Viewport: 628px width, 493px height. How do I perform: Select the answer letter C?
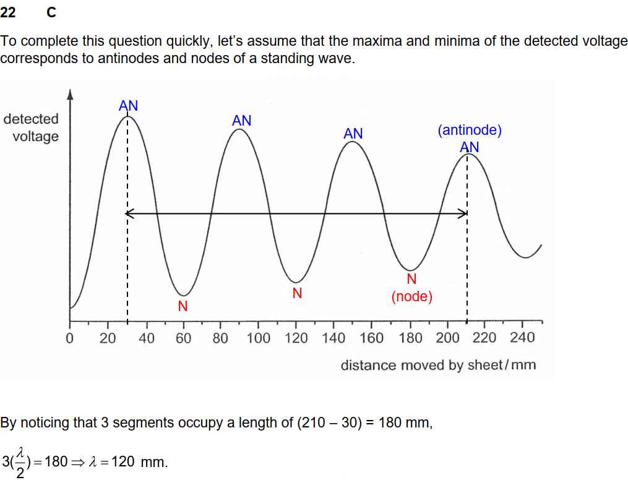coord(51,12)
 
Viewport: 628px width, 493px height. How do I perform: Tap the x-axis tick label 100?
coord(259,338)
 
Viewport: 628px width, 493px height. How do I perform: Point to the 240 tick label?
coord(523,338)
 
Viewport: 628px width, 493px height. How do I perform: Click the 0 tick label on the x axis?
coord(69,339)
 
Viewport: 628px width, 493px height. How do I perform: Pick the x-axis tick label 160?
coord(371,338)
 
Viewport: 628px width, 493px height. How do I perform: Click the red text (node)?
coord(411,297)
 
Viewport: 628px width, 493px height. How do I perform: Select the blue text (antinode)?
coord(469,131)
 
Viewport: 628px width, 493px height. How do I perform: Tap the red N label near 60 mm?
coord(183,306)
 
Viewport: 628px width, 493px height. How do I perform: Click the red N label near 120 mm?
coord(297,293)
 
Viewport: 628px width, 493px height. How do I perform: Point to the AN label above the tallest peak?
coord(128,106)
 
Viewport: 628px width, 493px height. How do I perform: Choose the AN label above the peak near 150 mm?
coord(353,134)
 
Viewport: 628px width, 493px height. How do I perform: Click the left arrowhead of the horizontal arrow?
coord(129,214)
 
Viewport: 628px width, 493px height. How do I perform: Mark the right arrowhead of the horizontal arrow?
coord(464,214)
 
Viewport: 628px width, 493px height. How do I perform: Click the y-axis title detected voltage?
coord(32,127)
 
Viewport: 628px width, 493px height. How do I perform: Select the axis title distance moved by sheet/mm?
coord(438,365)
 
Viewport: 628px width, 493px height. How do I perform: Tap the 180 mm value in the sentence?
coord(401,423)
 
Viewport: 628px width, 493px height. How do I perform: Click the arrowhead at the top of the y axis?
coord(70,94)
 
